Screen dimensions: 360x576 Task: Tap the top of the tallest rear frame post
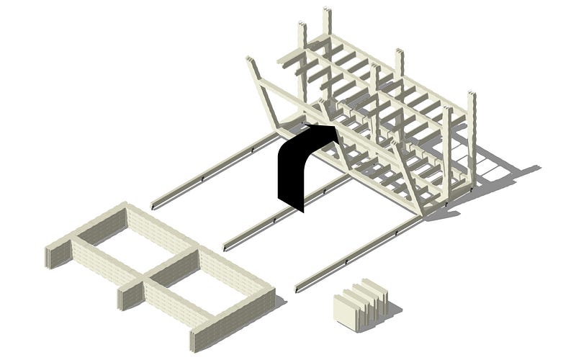(328, 14)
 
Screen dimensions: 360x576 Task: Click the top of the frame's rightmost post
(472, 97)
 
